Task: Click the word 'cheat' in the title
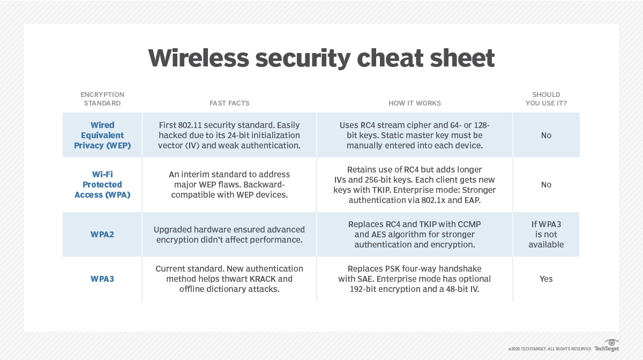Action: [x=390, y=58]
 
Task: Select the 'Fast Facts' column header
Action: [x=229, y=103]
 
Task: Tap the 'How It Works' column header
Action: [x=415, y=103]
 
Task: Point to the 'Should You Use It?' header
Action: [x=546, y=99]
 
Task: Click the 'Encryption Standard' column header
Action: [x=102, y=99]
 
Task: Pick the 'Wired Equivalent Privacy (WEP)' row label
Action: [x=102, y=135]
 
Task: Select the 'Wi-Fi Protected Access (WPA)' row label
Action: [x=102, y=185]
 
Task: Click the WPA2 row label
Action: [x=102, y=235]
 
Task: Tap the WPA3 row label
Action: [x=102, y=279]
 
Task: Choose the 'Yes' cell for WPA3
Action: [x=546, y=279]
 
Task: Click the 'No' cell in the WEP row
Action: [x=546, y=135]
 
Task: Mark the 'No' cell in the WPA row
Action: [x=546, y=185]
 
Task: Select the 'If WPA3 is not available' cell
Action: [x=546, y=234]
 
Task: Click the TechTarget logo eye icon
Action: [x=611, y=342]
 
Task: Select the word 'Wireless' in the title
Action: [x=199, y=58]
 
